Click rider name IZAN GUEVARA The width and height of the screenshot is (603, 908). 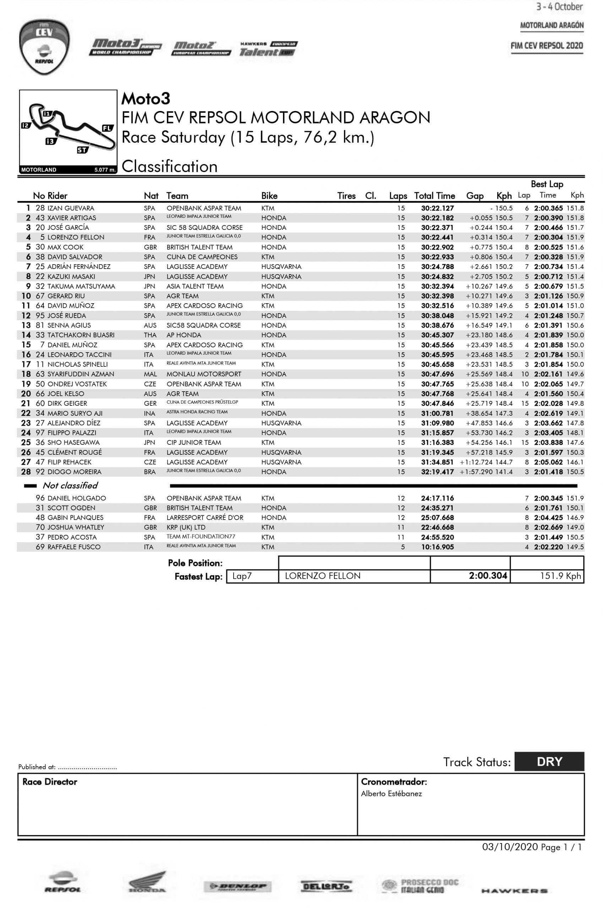(71, 208)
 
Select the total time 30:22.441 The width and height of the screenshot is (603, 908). (437, 237)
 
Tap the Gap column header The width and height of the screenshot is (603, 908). (474, 196)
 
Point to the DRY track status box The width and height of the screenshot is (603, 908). (549, 761)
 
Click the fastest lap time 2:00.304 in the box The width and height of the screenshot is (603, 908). (488, 576)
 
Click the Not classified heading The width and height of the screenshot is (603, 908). (70, 486)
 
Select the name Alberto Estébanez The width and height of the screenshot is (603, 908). (391, 793)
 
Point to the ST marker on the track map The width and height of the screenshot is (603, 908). (82, 150)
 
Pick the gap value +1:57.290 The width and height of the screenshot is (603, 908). (476, 472)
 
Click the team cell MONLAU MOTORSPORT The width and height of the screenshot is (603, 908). (204, 374)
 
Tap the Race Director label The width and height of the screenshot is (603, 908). (50, 782)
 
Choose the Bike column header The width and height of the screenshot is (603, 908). (269, 196)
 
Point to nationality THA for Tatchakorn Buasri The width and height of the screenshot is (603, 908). (150, 335)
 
